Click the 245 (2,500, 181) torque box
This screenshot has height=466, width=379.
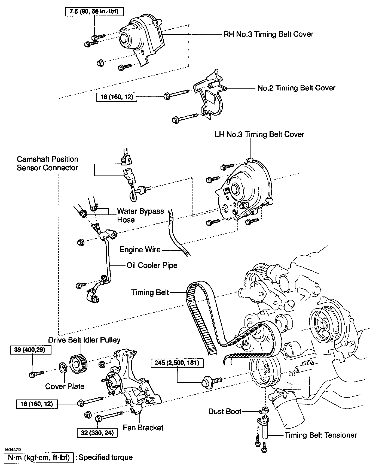coord(177,363)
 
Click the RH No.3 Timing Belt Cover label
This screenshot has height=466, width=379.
coord(268,34)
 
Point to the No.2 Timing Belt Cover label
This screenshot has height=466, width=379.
coord(296,88)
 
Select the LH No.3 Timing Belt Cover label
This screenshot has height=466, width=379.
coord(259,134)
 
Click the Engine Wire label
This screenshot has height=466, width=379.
coord(140,250)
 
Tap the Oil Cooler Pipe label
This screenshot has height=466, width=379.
coord(152,265)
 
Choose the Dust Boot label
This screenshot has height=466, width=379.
coord(225,411)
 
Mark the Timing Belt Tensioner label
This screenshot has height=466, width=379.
coord(321,435)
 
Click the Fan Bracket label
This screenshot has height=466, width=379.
coord(143,428)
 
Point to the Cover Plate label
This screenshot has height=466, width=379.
coord(65,386)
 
